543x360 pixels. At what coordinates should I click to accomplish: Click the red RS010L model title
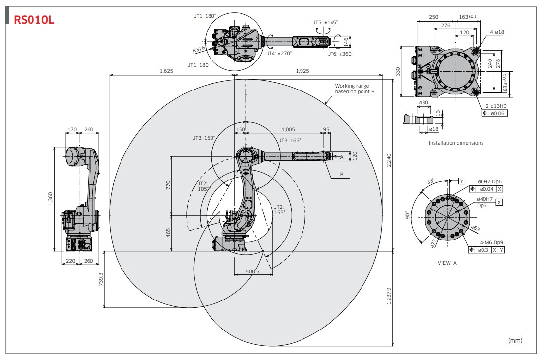click(x=34, y=20)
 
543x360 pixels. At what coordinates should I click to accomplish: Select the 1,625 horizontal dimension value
click(x=166, y=71)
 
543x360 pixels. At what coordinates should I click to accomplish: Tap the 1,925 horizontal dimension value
click(x=303, y=71)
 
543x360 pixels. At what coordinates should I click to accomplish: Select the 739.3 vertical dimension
click(x=101, y=279)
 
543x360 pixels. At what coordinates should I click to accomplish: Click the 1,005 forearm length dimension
click(x=288, y=129)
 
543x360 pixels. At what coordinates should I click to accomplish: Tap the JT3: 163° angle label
click(x=290, y=140)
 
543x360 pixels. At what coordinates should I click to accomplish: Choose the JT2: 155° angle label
click(x=279, y=210)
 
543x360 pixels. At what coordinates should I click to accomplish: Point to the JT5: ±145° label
click(x=325, y=22)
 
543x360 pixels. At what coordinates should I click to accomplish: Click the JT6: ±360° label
click(x=340, y=54)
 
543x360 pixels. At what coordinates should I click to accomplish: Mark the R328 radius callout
click(x=199, y=49)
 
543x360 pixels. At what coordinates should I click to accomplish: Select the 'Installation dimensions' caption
click(x=455, y=143)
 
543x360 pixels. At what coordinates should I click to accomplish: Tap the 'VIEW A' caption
click(x=447, y=263)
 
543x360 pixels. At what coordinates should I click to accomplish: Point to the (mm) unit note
click(x=514, y=340)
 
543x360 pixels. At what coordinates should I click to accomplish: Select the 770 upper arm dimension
click(x=168, y=185)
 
